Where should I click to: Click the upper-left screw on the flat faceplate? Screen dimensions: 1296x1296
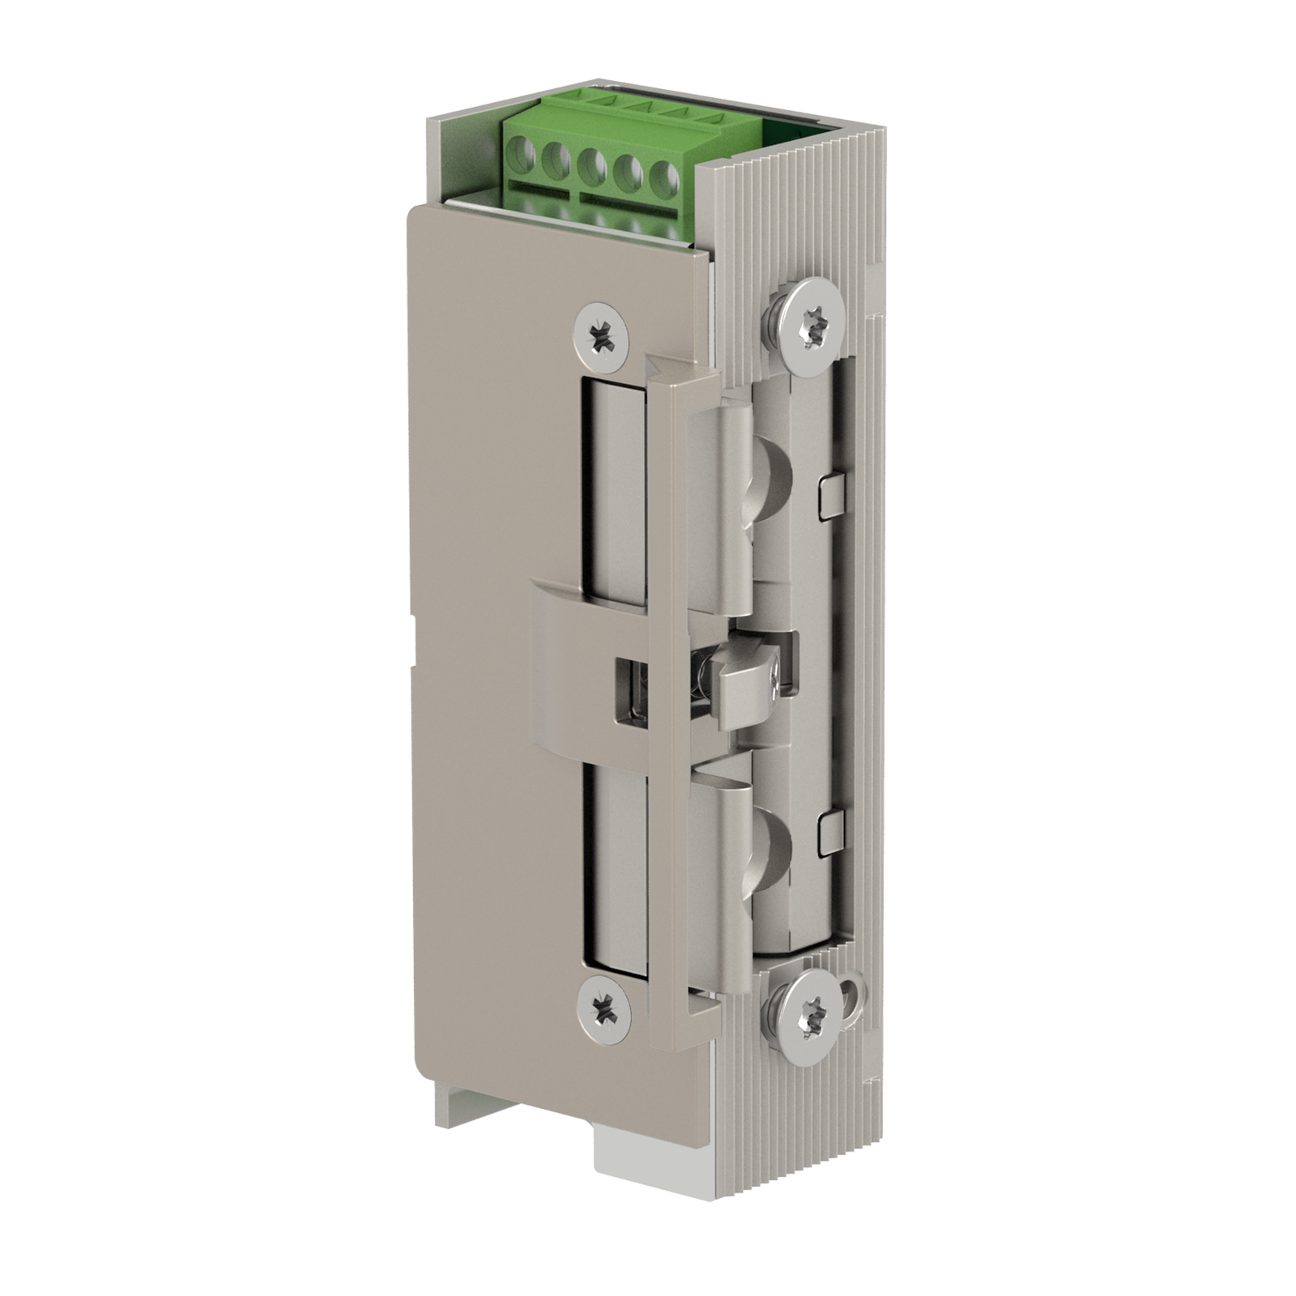tap(601, 335)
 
